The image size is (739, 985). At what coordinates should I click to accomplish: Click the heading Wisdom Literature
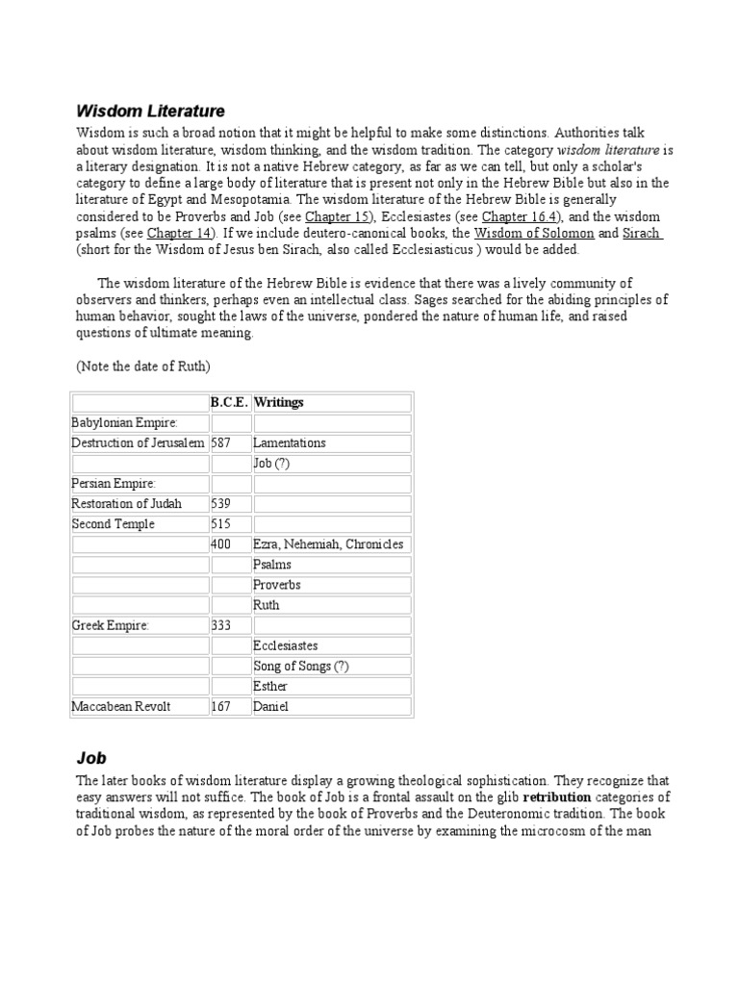point(150,112)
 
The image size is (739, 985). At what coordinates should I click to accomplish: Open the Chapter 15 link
point(338,216)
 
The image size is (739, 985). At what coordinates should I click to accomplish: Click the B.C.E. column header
point(230,402)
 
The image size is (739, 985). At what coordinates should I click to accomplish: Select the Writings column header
point(278,402)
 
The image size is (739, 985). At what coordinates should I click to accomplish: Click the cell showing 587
point(221,443)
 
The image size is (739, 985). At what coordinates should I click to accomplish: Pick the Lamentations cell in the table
point(290,443)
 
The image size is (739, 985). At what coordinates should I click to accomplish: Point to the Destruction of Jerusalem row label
point(139,443)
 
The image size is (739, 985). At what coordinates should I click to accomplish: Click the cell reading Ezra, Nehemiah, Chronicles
point(328,544)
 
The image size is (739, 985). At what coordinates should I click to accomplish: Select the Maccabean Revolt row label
point(121,707)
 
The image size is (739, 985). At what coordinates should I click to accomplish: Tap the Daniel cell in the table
point(270,707)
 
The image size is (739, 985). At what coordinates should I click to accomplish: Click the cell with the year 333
point(221,625)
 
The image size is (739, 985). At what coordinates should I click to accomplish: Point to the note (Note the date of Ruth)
point(143,366)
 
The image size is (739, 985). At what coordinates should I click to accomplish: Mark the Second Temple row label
point(113,524)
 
